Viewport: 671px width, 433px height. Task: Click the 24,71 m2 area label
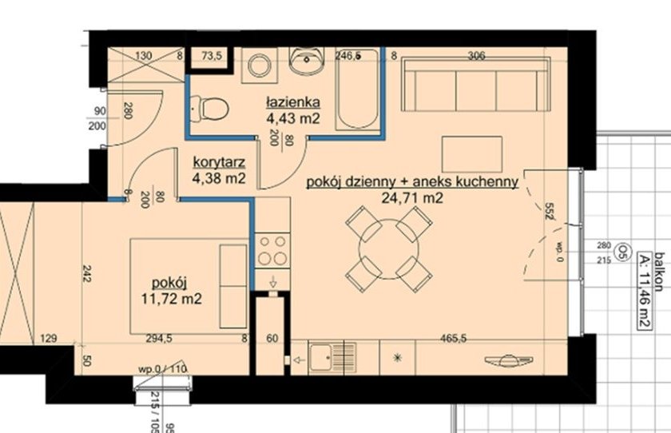click(x=414, y=198)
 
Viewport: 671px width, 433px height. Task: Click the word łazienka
click(x=293, y=102)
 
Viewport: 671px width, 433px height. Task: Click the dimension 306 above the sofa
click(x=477, y=56)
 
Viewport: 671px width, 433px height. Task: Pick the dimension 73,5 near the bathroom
click(x=211, y=56)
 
